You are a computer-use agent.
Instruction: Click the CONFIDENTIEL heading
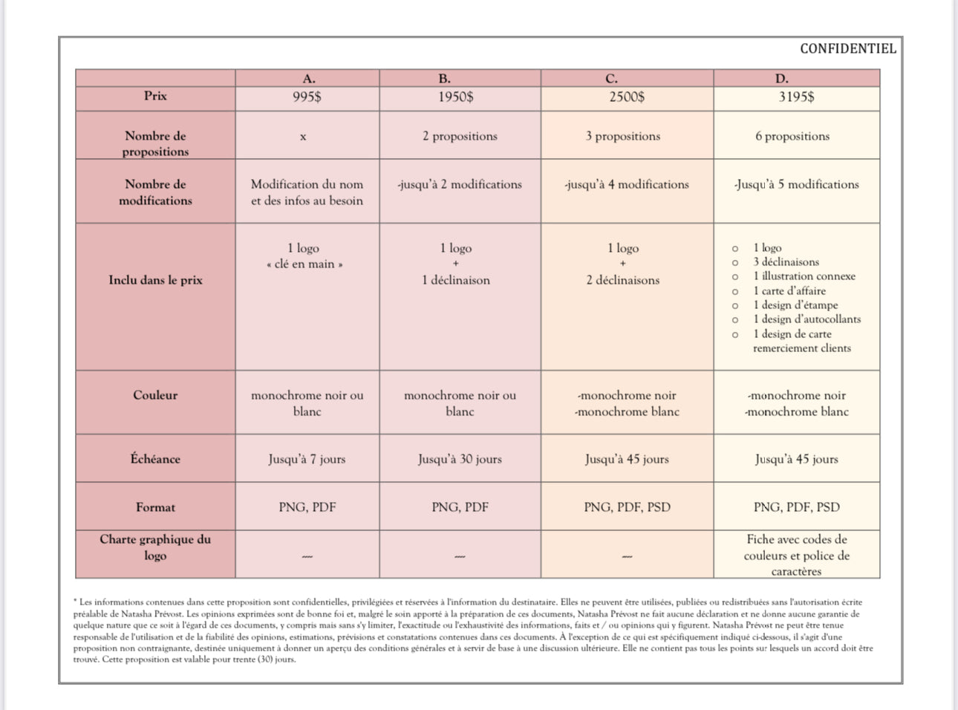pos(847,49)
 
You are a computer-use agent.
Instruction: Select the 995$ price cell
pos(307,97)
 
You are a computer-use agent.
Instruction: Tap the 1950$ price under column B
pos(455,97)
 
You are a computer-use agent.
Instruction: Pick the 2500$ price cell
pos(627,97)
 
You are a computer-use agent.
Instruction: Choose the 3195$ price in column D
pos(796,97)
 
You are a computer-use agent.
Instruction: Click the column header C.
pos(611,78)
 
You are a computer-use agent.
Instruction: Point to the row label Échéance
pos(155,459)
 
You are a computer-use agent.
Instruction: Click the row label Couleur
pos(155,395)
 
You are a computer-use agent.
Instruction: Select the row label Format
pos(155,507)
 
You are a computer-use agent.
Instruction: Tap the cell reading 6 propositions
pos(792,136)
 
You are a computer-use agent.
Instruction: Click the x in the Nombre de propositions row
pos(303,137)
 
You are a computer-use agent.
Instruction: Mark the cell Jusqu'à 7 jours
pos(307,459)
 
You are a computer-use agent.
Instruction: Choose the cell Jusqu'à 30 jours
pos(460,459)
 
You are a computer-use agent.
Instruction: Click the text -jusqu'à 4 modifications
pos(627,184)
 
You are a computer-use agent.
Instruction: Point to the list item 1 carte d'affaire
pos(789,290)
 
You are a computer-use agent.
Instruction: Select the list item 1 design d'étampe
pos(795,304)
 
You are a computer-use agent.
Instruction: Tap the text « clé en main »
pos(304,264)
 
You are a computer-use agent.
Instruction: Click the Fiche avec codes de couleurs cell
pos(796,555)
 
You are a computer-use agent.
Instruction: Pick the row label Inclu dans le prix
pos(155,280)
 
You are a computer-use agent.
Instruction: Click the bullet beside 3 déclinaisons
pos(735,262)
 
